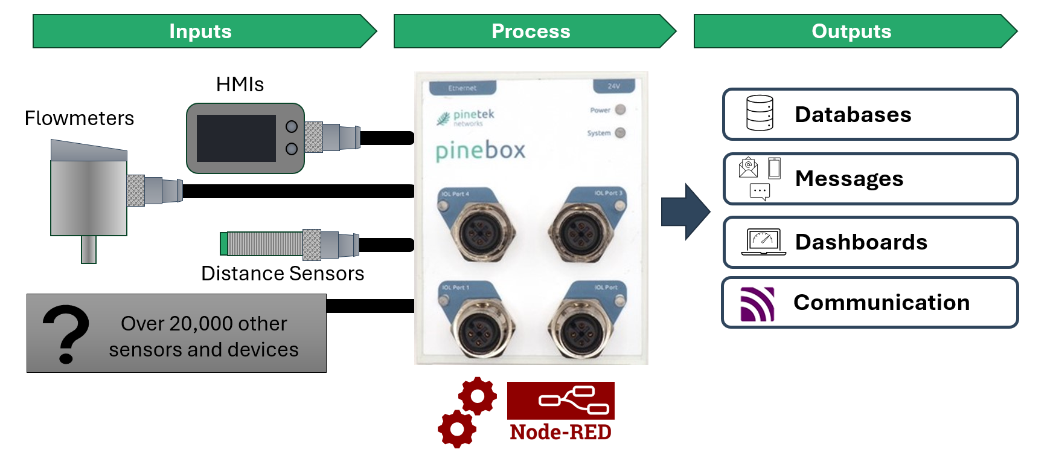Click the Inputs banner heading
[x=200, y=31]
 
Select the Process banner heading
[x=531, y=31]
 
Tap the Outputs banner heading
[x=851, y=31]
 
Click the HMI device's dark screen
[x=236, y=138]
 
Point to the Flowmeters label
[x=79, y=118]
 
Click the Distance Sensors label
[x=283, y=274]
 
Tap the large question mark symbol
[x=65, y=334]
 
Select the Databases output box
[x=870, y=115]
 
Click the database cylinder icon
[x=760, y=113]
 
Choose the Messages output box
[x=870, y=179]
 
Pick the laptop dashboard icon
[x=764, y=242]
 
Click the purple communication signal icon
[x=757, y=304]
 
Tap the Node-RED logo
[x=560, y=411]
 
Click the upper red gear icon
[x=478, y=396]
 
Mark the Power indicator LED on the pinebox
[x=620, y=110]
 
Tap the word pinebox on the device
[x=481, y=151]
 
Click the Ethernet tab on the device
[x=462, y=88]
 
